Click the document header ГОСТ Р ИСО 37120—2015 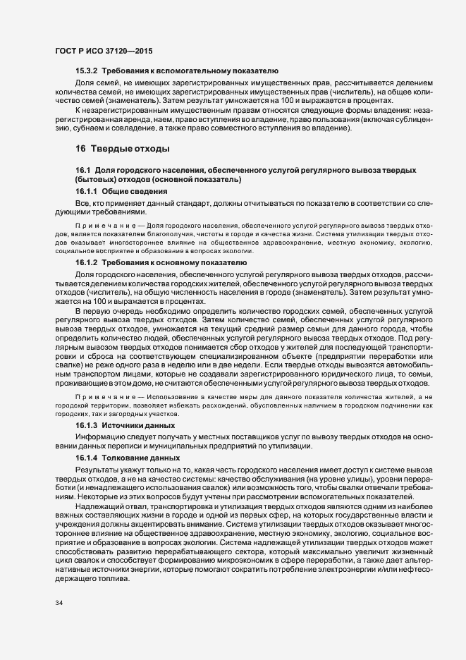103,51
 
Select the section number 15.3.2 87,71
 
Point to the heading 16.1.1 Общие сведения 121,192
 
